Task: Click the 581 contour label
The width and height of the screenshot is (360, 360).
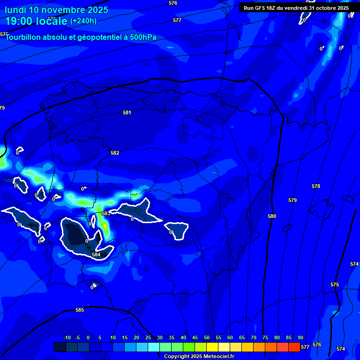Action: click(x=127, y=112)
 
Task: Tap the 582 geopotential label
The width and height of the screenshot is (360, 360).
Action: click(x=115, y=153)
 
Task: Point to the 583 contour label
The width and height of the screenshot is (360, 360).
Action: click(x=106, y=213)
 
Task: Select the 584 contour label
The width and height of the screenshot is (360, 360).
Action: click(x=96, y=255)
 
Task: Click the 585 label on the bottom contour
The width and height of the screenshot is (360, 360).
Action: click(x=80, y=310)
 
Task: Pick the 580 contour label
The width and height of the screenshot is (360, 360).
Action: click(x=272, y=216)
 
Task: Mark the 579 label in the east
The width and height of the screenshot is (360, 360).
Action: click(x=292, y=200)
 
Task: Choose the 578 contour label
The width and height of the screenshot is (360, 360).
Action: click(x=316, y=186)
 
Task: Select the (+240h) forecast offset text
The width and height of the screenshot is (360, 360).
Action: click(x=83, y=21)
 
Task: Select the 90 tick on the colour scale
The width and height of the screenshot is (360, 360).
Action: click(x=300, y=337)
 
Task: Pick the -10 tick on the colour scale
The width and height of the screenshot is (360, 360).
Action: click(x=67, y=337)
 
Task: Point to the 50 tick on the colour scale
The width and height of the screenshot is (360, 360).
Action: click(x=206, y=337)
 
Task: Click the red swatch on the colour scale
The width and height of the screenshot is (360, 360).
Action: click(x=294, y=347)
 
